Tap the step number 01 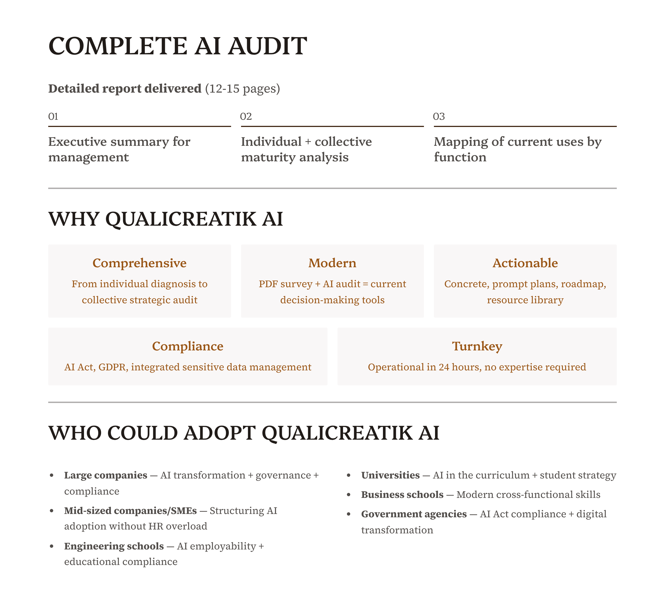pyautogui.click(x=53, y=116)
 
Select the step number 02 pyautogui.click(x=246, y=116)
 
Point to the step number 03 pyautogui.click(x=439, y=116)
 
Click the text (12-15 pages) pyautogui.click(x=242, y=88)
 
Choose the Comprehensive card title pyautogui.click(x=140, y=263)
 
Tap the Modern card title pyautogui.click(x=332, y=263)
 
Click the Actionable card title pyautogui.click(x=525, y=263)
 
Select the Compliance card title pyautogui.click(x=188, y=346)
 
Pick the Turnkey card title pyautogui.click(x=477, y=346)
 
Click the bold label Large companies pyautogui.click(x=106, y=475)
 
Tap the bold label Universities pyautogui.click(x=390, y=475)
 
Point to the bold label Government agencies pyautogui.click(x=414, y=514)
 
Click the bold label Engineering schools pyautogui.click(x=114, y=546)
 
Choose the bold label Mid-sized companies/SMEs pyautogui.click(x=130, y=511)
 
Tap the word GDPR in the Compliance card pyautogui.click(x=112, y=367)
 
